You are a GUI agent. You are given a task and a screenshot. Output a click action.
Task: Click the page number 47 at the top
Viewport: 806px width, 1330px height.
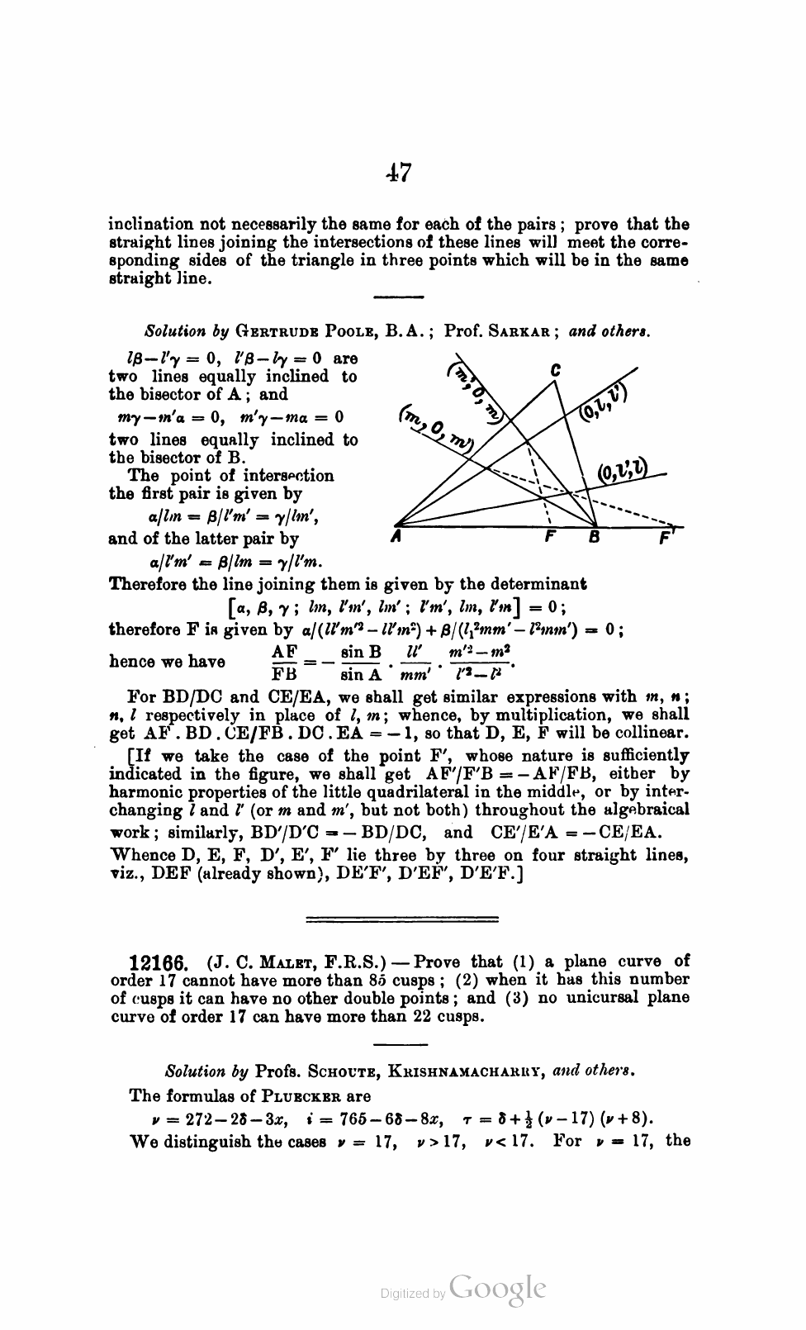[398, 173]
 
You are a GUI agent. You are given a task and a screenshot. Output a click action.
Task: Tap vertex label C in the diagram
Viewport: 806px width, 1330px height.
[556, 370]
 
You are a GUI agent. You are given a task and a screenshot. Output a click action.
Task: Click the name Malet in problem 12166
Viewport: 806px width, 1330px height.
[265, 962]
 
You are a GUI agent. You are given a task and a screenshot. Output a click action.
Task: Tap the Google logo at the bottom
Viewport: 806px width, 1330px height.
[499, 1290]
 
